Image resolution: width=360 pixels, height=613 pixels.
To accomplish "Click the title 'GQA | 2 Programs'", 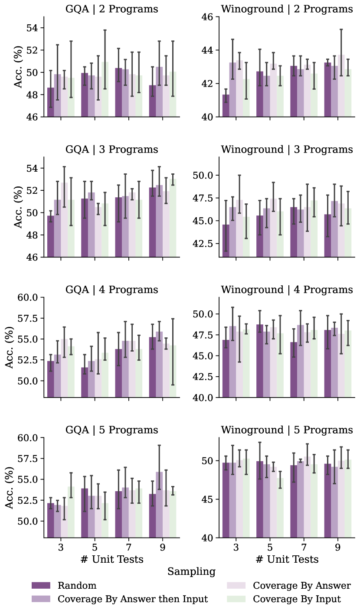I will (111, 9).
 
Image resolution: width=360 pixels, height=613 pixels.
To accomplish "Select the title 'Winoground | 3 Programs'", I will (287, 150).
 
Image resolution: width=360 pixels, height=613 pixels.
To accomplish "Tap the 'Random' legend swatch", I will (41, 586).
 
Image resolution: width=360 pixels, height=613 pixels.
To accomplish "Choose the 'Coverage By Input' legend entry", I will (297, 599).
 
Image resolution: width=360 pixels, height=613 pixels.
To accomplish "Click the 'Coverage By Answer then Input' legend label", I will (133, 599).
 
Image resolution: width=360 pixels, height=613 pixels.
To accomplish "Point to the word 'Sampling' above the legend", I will (191, 572).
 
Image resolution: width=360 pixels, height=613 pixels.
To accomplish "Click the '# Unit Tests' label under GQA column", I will (112, 559).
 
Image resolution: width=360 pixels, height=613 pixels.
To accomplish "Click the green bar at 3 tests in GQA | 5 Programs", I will (71, 512).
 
